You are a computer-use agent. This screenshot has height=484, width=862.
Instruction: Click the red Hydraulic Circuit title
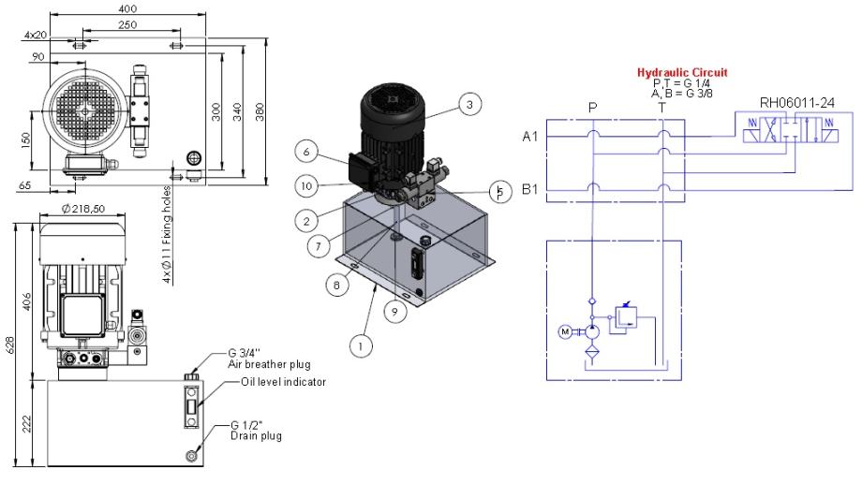click(682, 72)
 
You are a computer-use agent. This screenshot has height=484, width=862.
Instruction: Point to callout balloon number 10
click(307, 186)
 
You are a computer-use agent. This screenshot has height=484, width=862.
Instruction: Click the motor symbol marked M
click(562, 331)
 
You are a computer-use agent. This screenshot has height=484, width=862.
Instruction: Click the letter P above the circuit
click(592, 107)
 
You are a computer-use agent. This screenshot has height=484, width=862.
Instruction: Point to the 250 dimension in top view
click(128, 23)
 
